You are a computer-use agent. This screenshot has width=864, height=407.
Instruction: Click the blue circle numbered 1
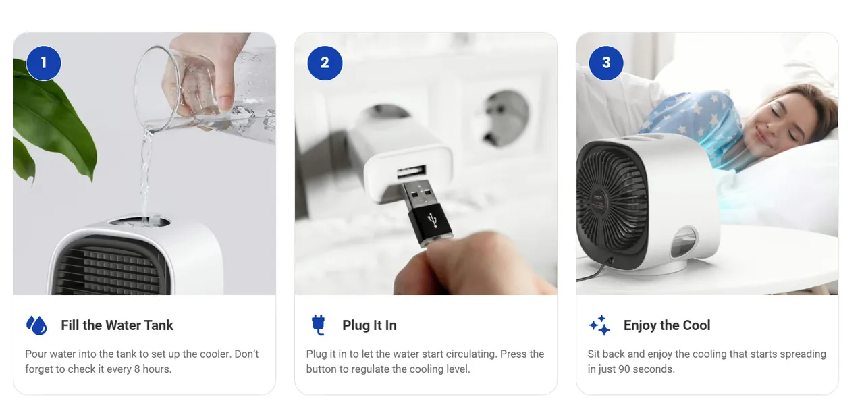coord(44,63)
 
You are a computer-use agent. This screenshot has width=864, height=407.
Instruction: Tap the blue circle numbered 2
coord(325,63)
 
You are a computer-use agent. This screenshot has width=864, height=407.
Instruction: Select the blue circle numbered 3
coord(606,63)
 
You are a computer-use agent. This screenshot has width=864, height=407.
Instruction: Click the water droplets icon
coord(36,325)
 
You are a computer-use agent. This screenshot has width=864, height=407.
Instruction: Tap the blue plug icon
coord(318,325)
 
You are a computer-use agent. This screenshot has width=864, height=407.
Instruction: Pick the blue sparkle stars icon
coord(599,325)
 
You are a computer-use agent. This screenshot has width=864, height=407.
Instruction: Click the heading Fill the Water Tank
coord(117,325)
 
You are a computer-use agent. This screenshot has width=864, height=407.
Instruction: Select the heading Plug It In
coord(369,325)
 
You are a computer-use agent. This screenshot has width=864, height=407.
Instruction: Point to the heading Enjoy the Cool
coord(667,325)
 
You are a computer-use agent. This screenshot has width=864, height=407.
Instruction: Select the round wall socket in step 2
coord(506,118)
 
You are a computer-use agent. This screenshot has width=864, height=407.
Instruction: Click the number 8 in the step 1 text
coord(137,369)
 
